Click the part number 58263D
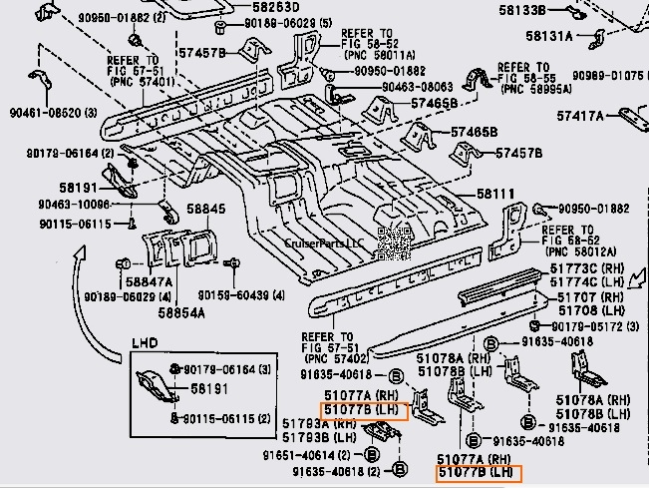tap(275, 6)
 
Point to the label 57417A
tap(581, 116)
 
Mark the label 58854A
tap(180, 312)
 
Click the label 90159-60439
tap(240, 296)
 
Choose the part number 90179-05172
tap(586, 325)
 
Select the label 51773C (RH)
tap(588, 269)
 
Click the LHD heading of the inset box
tap(146, 343)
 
